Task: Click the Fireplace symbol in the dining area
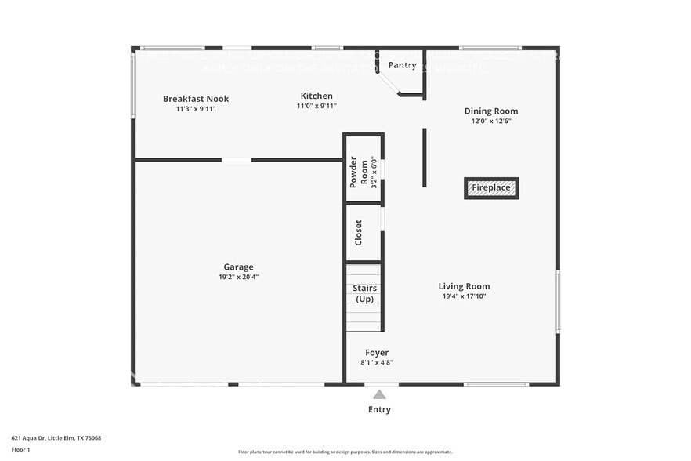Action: click(x=491, y=188)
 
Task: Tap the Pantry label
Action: click(x=402, y=66)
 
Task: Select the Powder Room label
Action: click(x=353, y=172)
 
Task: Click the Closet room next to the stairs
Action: click(x=359, y=233)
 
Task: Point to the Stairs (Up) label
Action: click(x=364, y=294)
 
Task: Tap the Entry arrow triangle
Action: click(x=379, y=394)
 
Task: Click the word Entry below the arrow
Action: click(x=379, y=409)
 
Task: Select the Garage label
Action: click(x=238, y=267)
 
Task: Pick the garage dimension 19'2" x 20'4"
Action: click(x=238, y=278)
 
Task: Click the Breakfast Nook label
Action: click(x=196, y=99)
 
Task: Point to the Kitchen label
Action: click(x=317, y=96)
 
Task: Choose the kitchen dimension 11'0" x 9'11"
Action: click(x=317, y=107)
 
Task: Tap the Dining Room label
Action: click(x=491, y=111)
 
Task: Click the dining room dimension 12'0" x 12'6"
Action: click(x=491, y=122)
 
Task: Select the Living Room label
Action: click(x=464, y=286)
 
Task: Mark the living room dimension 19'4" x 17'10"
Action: click(x=464, y=296)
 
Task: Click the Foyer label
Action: click(x=377, y=353)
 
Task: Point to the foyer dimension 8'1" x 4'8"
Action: click(x=377, y=363)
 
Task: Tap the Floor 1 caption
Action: click(x=21, y=450)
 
